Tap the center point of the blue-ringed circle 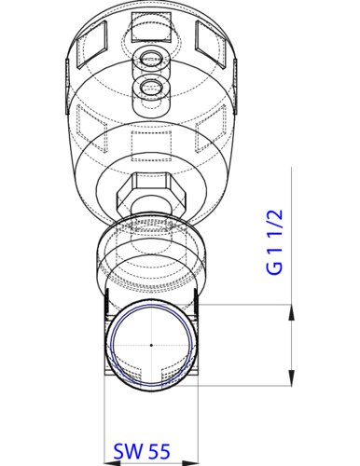[x=150, y=345]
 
